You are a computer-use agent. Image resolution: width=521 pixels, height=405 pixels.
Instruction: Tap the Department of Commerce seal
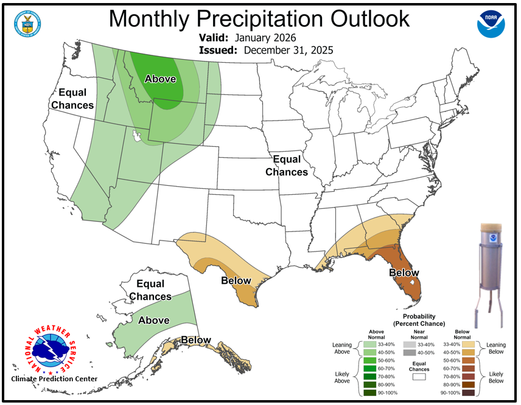[27, 24]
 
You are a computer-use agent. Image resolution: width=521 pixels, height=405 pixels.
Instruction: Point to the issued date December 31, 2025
[288, 50]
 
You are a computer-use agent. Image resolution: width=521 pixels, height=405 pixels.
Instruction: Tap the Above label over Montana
[160, 79]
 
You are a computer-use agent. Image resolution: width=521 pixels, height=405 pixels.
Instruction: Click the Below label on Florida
[404, 273]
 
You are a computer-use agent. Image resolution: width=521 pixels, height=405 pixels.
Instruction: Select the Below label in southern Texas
[236, 281]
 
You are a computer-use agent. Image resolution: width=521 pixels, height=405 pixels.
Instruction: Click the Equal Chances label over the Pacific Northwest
[72, 99]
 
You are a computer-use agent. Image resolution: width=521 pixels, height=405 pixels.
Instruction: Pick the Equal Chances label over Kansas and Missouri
[287, 166]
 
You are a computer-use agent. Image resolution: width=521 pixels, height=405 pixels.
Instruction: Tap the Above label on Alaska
[154, 320]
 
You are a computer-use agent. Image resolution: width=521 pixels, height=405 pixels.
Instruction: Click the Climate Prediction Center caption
[54, 379]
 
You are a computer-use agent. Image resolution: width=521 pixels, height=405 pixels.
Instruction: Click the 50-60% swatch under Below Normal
[467, 361]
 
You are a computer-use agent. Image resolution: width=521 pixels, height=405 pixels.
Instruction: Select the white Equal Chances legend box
[419, 377]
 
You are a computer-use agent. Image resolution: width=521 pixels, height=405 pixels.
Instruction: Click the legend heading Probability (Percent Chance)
[419, 320]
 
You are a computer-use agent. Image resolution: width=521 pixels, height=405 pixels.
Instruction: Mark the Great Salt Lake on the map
[138, 136]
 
